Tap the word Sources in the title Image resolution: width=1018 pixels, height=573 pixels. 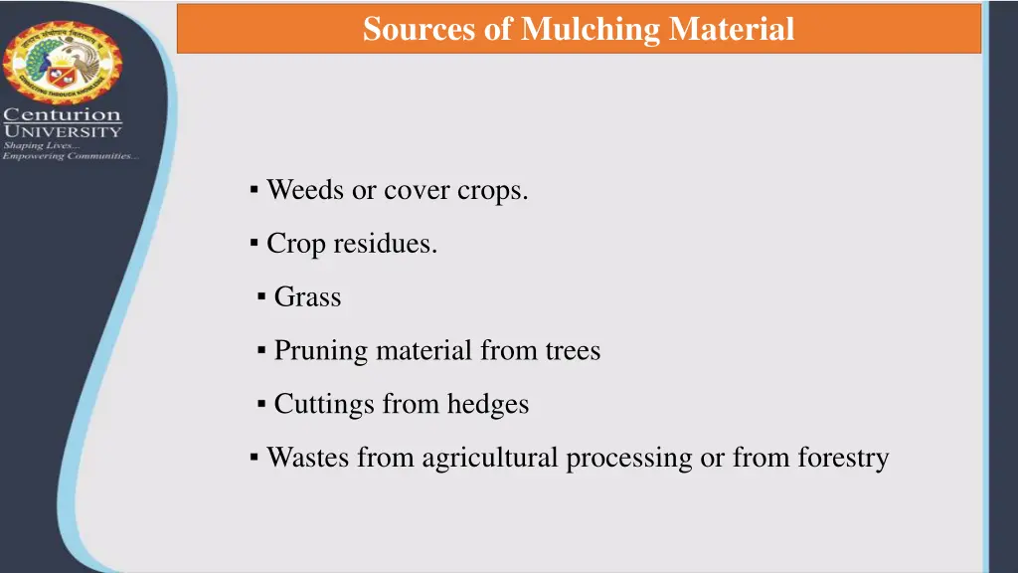(x=419, y=29)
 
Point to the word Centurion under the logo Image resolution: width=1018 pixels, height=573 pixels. (x=63, y=115)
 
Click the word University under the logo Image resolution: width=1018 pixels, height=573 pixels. (x=63, y=130)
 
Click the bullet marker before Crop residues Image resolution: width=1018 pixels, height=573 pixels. (x=254, y=242)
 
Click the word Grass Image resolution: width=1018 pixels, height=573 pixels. (x=307, y=296)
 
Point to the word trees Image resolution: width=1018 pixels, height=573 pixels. (x=573, y=350)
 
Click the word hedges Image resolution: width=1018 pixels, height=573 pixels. (x=488, y=404)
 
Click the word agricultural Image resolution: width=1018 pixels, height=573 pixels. (x=490, y=458)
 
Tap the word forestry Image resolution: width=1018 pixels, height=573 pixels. (x=843, y=458)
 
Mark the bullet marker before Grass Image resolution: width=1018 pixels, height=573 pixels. (x=261, y=295)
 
